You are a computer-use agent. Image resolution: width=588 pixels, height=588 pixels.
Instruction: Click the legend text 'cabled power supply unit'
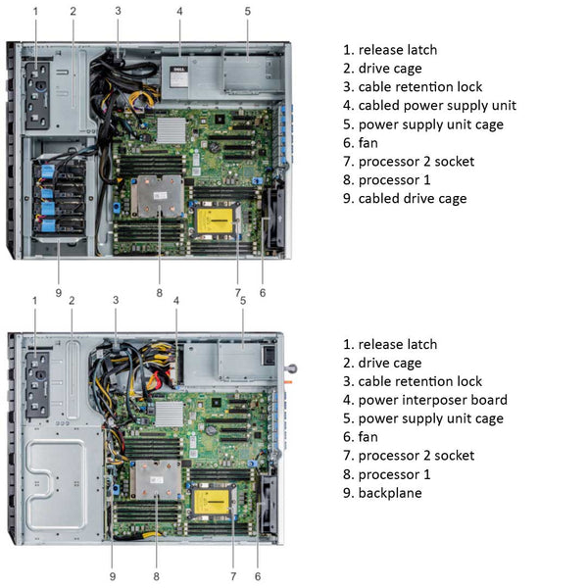point(436,106)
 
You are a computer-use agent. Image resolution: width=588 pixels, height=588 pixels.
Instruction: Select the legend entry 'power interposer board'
point(432,400)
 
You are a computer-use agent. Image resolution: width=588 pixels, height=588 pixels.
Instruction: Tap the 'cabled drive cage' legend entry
point(412,199)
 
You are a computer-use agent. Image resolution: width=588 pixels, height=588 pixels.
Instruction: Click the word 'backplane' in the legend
point(390,493)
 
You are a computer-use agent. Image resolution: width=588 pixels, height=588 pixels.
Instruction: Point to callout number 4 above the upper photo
point(180,12)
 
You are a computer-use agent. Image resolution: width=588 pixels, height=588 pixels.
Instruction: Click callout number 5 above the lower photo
point(242,300)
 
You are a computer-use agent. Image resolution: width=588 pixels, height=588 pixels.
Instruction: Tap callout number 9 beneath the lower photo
point(113,576)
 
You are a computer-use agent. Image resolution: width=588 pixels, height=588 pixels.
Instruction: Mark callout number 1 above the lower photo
point(34,300)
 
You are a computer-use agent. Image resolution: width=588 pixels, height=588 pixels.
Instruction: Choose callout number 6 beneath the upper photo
point(262,292)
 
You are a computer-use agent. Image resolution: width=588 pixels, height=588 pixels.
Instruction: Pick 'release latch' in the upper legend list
point(397,50)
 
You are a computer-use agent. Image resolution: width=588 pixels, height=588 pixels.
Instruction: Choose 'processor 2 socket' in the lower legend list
point(416,456)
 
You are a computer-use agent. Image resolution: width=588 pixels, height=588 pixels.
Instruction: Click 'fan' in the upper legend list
point(368,143)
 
